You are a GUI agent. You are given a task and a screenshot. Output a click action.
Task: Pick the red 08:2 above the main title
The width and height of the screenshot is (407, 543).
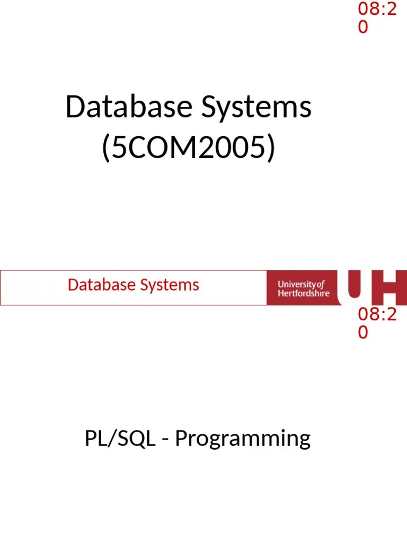(377, 9)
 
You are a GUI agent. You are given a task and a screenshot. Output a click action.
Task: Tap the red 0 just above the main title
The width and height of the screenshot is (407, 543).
(362, 27)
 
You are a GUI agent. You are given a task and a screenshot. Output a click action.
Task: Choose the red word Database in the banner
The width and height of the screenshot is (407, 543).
(102, 285)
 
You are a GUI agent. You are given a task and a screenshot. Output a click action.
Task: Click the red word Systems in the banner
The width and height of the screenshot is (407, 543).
(170, 286)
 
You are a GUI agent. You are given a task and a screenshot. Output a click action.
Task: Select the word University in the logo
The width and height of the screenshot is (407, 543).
(297, 284)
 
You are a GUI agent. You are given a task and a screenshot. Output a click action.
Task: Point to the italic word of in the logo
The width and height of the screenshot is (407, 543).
(320, 284)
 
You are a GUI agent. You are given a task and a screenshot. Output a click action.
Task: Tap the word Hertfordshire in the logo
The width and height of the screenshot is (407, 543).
(303, 293)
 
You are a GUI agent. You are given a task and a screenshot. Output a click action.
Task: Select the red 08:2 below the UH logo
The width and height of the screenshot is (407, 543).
(377, 314)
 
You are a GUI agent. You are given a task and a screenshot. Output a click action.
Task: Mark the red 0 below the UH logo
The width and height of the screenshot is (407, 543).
(362, 332)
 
